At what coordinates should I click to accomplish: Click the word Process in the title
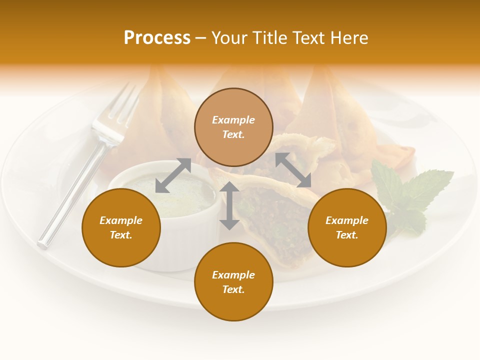click(157, 38)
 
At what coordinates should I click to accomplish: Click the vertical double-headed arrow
click(229, 205)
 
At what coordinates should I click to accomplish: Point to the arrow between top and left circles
click(173, 175)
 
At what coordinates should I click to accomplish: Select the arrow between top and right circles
click(293, 170)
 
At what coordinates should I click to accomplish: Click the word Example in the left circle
click(121, 220)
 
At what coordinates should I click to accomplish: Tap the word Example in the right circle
click(347, 220)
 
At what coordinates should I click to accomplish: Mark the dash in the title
click(201, 38)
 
